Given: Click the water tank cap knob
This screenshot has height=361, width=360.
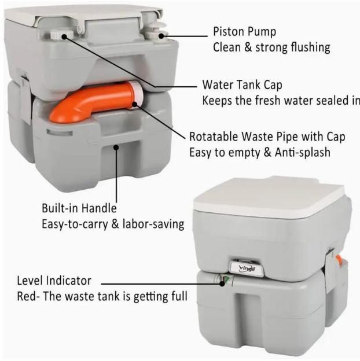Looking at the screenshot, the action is point(61,35).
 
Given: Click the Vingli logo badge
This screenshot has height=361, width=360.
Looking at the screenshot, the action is point(247,268).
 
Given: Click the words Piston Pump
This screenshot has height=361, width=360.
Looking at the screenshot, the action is point(244,32).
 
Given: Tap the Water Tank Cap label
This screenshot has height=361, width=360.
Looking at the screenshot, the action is point(242,85).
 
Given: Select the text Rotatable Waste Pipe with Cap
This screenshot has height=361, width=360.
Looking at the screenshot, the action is point(267,137).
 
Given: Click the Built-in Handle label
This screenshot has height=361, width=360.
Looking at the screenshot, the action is point(79,208).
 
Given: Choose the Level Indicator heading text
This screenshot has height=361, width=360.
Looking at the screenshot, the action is point(54,281).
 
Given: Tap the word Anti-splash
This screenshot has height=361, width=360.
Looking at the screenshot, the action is point(303,152).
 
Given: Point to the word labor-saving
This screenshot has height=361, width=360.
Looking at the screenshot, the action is point(153,224).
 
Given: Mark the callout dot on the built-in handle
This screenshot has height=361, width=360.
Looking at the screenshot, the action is point(116,148).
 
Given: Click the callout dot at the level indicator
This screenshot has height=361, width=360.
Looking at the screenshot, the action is point(222,283).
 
